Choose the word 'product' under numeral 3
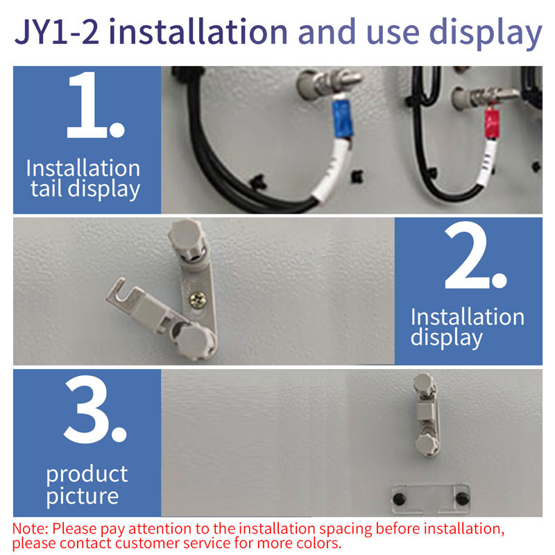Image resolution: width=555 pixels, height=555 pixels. point(87,475)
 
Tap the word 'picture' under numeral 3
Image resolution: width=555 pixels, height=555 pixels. point(83,496)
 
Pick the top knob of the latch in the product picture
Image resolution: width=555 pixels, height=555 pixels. point(422,383)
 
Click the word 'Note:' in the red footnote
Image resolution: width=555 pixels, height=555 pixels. point(31,529)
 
